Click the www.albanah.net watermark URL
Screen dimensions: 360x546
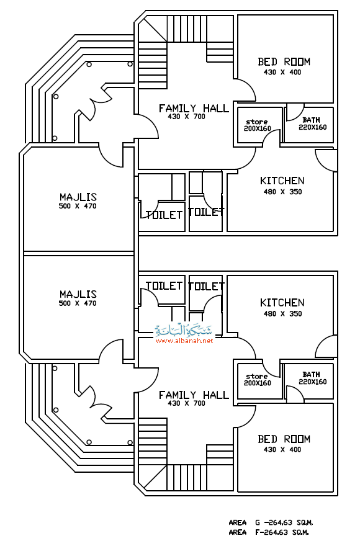click(x=184, y=341)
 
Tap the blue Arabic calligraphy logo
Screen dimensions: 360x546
click(x=183, y=329)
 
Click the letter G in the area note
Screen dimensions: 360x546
click(x=258, y=522)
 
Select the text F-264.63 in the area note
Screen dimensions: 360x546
click(x=271, y=532)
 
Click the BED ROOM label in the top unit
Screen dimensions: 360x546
click(x=284, y=61)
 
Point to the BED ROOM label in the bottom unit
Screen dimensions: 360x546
click(x=284, y=439)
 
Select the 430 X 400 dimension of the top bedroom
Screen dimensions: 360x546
click(x=282, y=72)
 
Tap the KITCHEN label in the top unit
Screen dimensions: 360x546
click(x=282, y=181)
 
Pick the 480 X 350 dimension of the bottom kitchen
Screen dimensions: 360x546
click(x=282, y=313)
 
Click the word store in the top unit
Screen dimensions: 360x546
click(x=257, y=122)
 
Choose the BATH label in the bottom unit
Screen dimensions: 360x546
click(x=311, y=374)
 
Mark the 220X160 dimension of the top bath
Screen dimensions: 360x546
click(x=313, y=127)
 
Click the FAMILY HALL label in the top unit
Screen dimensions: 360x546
click(x=194, y=109)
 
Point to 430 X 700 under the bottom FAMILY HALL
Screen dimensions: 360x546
click(x=186, y=403)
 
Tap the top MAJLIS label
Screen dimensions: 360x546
click(x=78, y=197)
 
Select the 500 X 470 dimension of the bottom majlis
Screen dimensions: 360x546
click(x=78, y=303)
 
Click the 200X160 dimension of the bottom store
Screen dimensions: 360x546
click(x=257, y=383)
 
